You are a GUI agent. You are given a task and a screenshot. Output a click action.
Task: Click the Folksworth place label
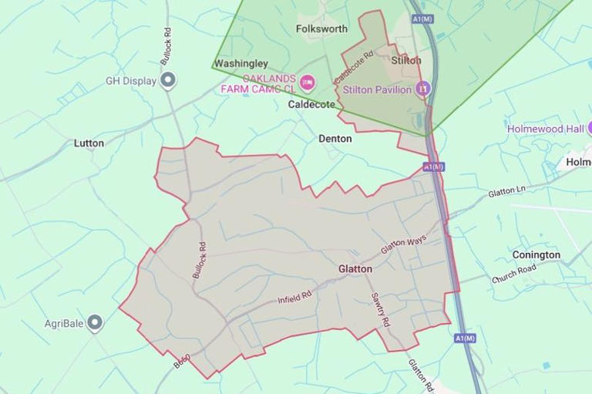(321, 29)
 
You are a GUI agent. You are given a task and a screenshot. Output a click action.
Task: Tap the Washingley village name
(240, 64)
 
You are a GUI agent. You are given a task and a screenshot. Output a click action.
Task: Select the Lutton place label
(89, 143)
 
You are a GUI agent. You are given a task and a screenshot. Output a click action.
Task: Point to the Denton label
(335, 139)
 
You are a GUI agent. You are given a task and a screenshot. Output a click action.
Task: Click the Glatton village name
(355, 269)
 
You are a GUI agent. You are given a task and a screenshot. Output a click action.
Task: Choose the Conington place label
(536, 255)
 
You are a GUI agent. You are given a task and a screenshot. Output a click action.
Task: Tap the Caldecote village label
(311, 103)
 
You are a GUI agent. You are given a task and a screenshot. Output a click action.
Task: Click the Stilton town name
(406, 60)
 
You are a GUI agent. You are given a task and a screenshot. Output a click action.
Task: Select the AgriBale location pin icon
(95, 322)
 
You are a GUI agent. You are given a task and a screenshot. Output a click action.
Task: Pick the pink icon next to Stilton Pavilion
(422, 89)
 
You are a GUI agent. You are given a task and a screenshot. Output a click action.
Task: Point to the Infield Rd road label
(295, 297)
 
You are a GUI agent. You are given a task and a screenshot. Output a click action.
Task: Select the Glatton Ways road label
(404, 248)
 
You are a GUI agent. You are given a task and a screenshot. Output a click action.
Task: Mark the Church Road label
(513, 274)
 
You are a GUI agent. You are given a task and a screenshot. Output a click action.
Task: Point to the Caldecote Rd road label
(354, 69)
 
